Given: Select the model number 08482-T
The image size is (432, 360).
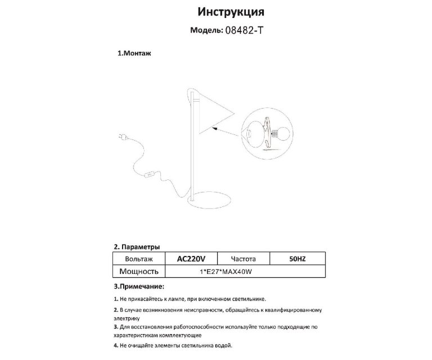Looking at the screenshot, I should point(244,31).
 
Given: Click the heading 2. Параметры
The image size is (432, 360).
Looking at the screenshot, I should point(137,246).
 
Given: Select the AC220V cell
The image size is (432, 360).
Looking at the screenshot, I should point(191,259).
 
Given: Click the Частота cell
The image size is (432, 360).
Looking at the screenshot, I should point(244,259).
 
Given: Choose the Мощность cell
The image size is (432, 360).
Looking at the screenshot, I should point(139,271).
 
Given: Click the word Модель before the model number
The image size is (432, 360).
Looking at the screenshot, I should point(206,31).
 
